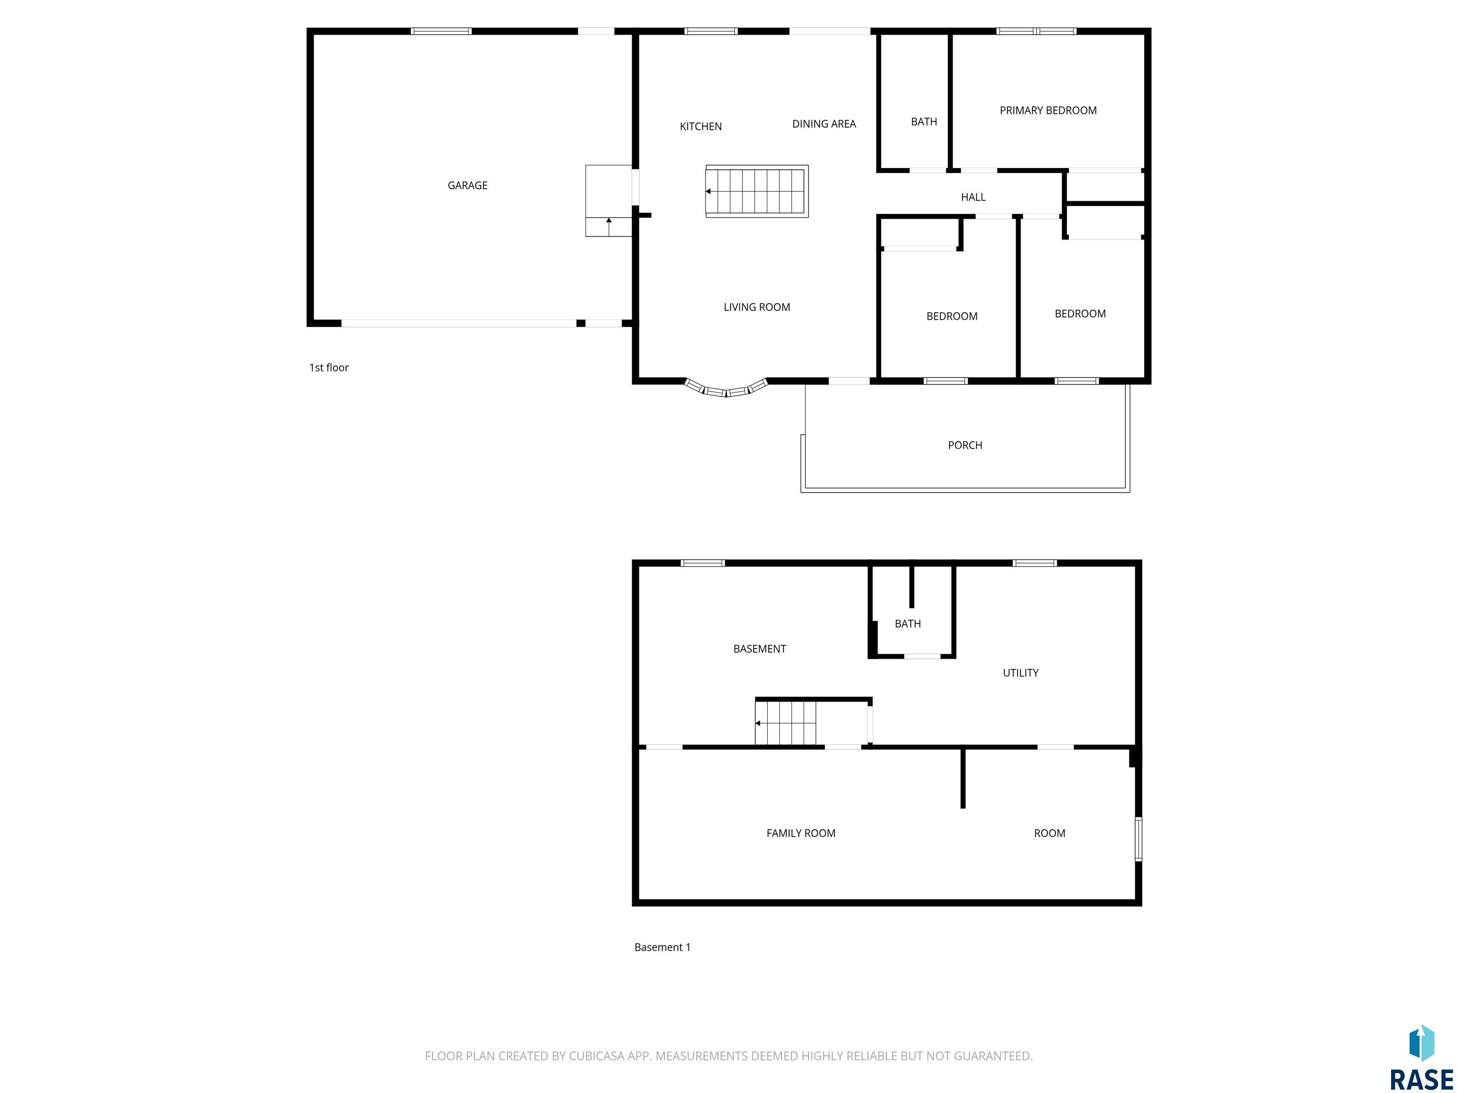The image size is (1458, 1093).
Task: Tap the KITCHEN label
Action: [701, 127]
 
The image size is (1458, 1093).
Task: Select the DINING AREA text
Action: [824, 124]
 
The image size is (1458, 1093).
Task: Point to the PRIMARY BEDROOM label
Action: [1048, 111]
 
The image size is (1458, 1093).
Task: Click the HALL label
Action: [973, 197]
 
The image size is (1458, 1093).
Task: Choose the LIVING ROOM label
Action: [757, 307]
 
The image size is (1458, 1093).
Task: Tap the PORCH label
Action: [965, 445]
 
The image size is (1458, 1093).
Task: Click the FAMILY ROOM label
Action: [801, 834]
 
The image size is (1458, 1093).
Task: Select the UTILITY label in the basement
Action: [1020, 673]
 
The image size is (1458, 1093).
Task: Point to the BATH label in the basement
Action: [907, 624]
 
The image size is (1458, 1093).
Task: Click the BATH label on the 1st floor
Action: [924, 122]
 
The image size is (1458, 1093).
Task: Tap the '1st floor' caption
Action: [329, 368]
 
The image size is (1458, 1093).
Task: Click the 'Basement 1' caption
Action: [663, 947]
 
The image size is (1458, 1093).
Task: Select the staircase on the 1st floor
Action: [757, 191]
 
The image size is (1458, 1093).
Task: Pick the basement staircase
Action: [785, 723]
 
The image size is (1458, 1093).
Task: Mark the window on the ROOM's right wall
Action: [1138, 839]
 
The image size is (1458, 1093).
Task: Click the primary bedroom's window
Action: [1036, 31]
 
